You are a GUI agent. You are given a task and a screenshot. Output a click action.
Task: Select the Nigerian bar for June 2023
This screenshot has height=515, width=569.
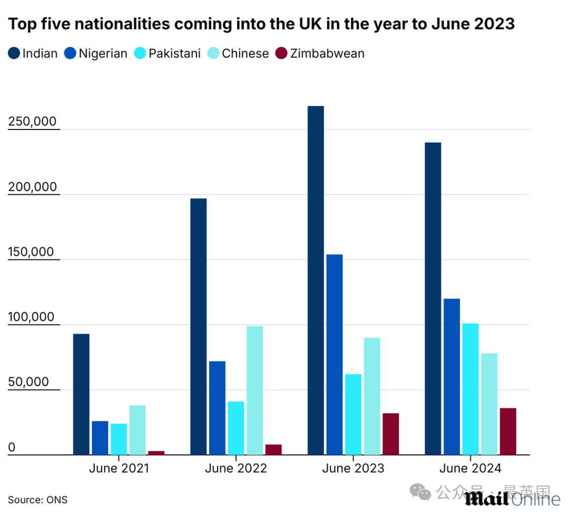335,354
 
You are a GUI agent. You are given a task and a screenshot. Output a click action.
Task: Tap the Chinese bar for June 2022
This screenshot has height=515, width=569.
254,390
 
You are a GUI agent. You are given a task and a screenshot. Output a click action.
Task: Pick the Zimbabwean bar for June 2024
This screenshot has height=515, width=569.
508,431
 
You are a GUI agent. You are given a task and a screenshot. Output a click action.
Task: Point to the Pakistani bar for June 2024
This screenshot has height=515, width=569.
470,389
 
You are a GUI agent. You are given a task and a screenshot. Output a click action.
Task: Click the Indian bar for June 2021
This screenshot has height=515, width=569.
81,394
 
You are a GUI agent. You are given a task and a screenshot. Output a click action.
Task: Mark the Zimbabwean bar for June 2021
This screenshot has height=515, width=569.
156,452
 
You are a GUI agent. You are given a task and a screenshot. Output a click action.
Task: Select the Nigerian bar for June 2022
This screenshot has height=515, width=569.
217,408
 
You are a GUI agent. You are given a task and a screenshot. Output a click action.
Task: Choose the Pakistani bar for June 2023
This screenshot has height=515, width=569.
353,414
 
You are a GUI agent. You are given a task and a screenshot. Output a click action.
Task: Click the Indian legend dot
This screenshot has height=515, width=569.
14,53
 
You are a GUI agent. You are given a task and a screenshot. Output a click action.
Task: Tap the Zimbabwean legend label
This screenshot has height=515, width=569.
327,53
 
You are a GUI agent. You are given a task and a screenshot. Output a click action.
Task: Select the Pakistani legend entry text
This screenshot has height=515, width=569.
174,53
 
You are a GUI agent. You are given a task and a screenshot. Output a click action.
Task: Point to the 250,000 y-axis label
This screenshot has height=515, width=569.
32,122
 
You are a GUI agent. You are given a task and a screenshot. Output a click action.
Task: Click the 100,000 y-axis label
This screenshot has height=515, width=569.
32,318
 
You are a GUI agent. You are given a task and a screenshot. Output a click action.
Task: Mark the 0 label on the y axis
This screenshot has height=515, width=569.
12,448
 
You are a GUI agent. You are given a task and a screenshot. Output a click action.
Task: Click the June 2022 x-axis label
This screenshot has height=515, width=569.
236,468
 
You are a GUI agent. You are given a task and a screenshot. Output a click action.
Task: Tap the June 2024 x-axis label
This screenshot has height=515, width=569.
470,468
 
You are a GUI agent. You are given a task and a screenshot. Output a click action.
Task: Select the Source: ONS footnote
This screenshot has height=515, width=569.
37,500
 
